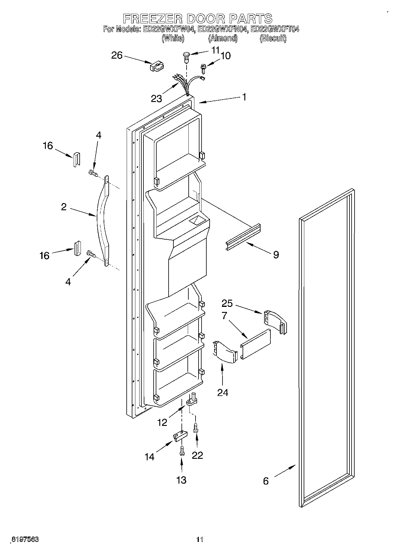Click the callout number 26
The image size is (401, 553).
tap(117, 55)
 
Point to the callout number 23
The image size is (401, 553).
tap(156, 98)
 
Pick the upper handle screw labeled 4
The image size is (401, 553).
tap(93, 173)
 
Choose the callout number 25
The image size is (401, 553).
tap(227, 303)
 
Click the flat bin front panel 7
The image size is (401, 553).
tap(255, 344)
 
